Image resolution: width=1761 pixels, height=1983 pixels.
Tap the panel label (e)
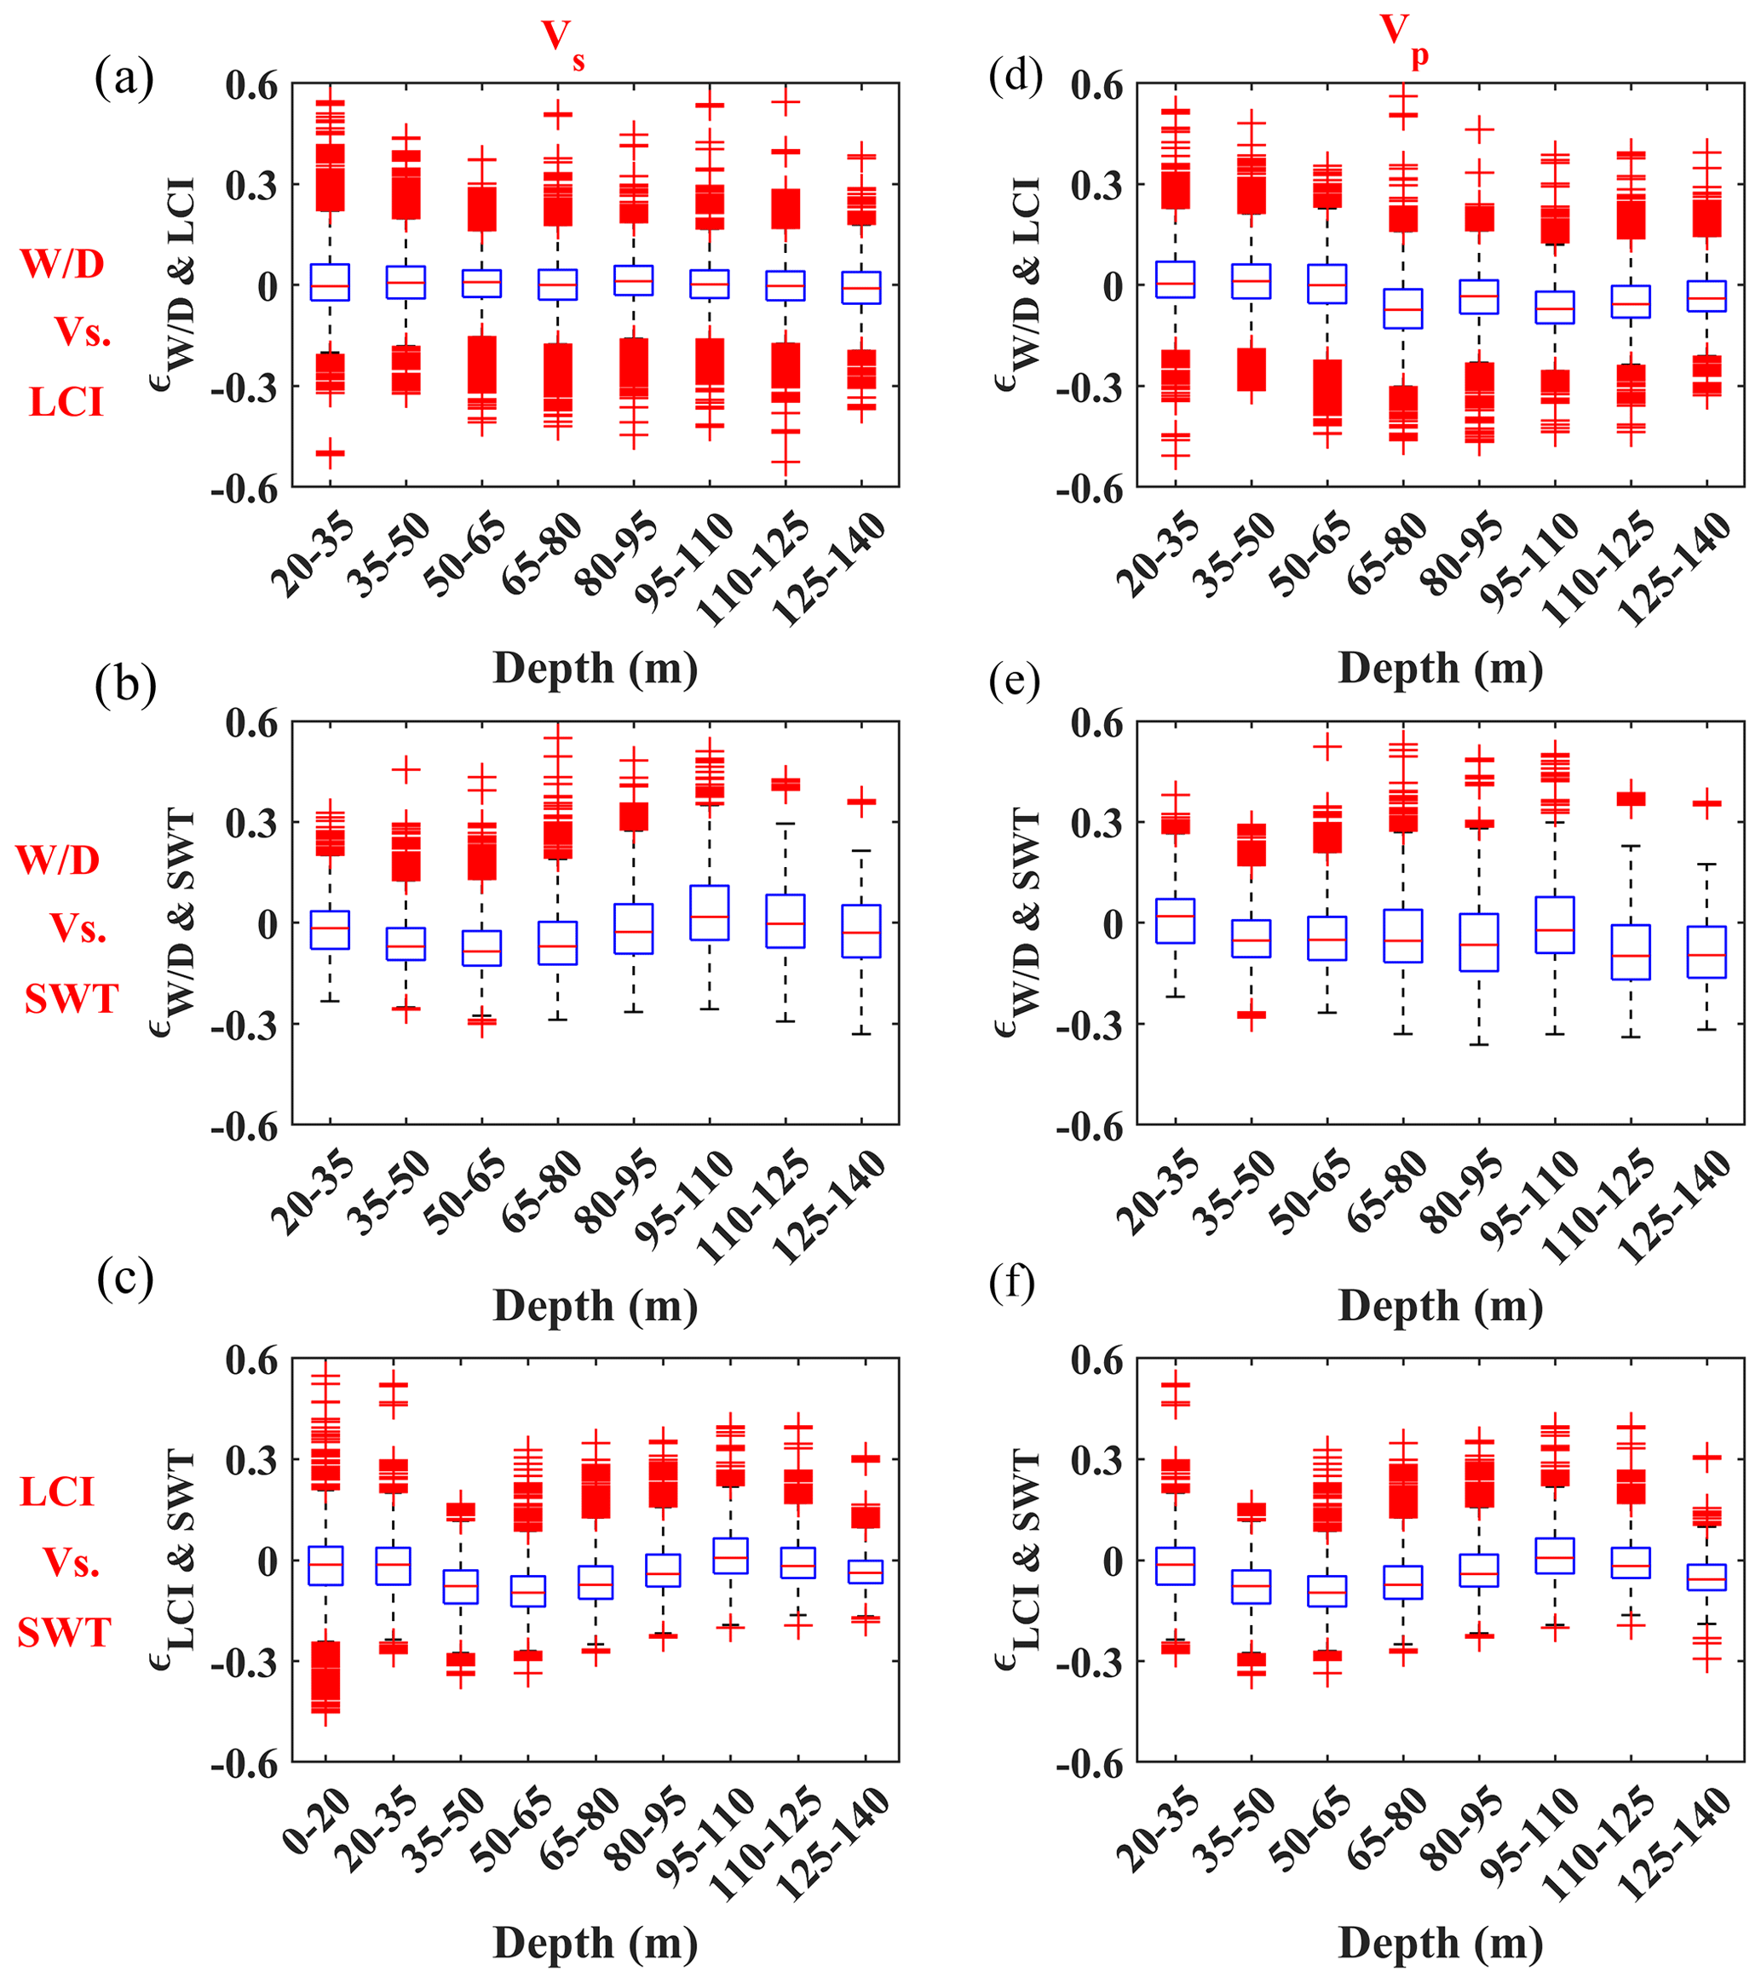(1014, 682)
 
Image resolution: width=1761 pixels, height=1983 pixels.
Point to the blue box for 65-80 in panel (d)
(1403, 308)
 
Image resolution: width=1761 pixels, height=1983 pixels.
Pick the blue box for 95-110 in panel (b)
(711, 913)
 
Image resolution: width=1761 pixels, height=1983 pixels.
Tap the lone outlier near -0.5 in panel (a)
(330, 453)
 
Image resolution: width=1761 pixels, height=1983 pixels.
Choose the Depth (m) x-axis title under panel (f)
(1440, 1943)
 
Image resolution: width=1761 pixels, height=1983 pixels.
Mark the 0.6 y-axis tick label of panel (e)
(1096, 724)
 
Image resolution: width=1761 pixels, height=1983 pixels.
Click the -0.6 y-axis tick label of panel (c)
(245, 1762)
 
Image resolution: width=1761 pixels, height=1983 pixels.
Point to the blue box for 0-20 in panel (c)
(326, 1566)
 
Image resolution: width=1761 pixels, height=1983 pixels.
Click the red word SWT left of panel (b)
(71, 998)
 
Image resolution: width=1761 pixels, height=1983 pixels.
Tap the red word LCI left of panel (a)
(66, 402)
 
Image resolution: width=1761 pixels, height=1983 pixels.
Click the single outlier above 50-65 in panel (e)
(1327, 747)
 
